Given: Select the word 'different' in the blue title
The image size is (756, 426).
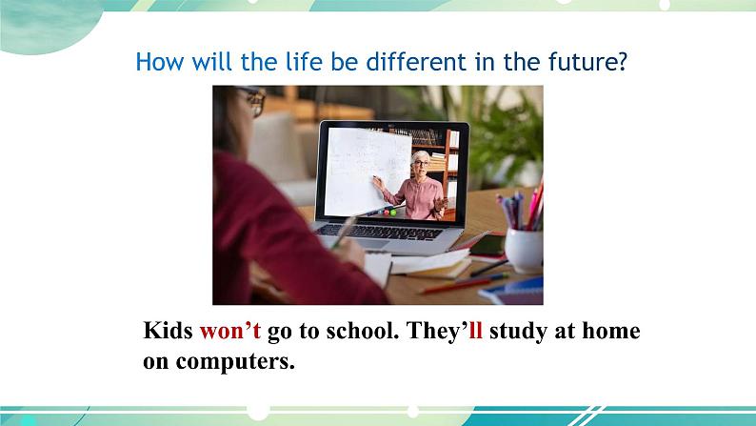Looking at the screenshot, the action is tap(416, 62).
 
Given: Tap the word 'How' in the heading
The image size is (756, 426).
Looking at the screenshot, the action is tap(160, 62).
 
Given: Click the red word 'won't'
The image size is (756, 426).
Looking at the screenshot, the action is tap(230, 331).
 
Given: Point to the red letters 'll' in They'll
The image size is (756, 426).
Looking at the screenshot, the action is tap(475, 331).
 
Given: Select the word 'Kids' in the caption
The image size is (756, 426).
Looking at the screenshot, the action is tap(168, 331).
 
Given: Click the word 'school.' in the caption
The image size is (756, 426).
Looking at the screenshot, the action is tap(363, 331).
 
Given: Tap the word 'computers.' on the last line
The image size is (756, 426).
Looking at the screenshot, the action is tap(235, 362).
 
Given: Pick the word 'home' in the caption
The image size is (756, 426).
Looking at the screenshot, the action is tap(611, 331).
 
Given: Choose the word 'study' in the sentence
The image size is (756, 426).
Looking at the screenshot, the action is tap(518, 332).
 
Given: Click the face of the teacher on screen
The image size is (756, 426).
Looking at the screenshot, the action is tap(421, 165).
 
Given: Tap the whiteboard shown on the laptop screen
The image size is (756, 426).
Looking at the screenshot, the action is tap(368, 171).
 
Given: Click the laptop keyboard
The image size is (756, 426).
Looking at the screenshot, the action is tap(380, 232).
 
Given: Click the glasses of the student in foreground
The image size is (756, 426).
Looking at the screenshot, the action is tap(254, 101).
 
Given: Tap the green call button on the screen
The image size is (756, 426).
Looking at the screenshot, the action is tap(393, 213).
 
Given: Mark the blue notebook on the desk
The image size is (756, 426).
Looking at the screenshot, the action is tap(513, 291).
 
